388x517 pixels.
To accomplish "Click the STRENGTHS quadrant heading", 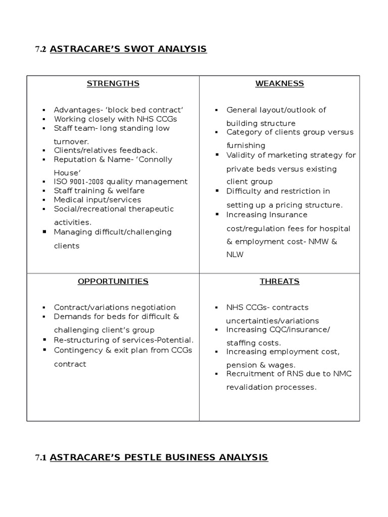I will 113,83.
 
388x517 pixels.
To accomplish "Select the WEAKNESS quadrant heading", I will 279,83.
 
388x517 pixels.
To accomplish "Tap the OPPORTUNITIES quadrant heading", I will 113,281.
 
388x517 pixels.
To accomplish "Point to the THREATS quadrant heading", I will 279,281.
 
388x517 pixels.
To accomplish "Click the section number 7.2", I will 40,49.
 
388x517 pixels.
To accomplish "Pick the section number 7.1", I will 40,458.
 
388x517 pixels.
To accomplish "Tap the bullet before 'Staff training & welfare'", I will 44,191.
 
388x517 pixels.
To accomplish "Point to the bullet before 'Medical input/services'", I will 44,200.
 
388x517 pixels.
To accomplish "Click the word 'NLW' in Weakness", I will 235,255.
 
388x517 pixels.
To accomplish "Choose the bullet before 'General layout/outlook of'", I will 216,110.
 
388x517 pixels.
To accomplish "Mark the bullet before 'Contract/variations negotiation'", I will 44,307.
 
